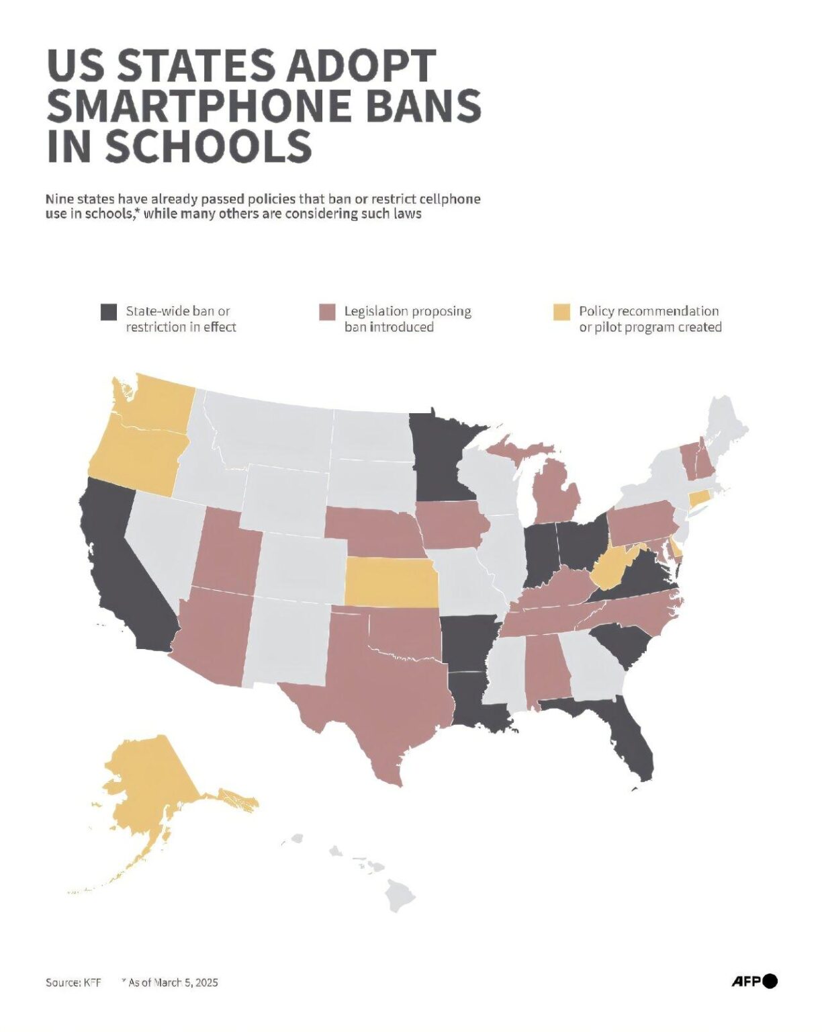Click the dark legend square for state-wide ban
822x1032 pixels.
tap(109, 312)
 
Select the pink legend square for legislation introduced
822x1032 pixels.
tap(327, 312)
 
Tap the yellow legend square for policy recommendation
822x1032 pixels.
tap(561, 312)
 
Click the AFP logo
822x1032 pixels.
tap(753, 981)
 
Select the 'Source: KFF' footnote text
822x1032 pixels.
tap(73, 982)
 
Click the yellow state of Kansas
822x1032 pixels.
tap(390, 582)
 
